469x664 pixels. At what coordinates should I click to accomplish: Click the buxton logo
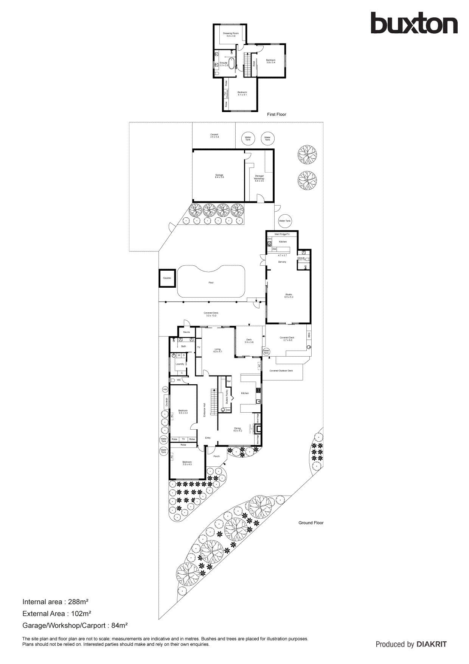[x=414, y=23]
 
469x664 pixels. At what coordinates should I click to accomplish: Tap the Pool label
[x=211, y=282]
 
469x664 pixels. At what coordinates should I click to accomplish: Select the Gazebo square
[x=167, y=278]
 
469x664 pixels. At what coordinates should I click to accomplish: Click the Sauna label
[x=186, y=332]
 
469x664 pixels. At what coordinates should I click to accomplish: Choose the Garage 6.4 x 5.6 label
[x=219, y=176]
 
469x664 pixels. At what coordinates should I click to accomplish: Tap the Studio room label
[x=289, y=296]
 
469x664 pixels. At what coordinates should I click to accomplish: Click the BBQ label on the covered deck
[x=309, y=335]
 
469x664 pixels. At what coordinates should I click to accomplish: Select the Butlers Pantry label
[x=227, y=396]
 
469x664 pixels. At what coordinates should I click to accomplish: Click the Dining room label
[x=238, y=429]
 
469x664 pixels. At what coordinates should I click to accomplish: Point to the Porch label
[x=217, y=456]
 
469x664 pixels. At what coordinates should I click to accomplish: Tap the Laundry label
[x=180, y=364]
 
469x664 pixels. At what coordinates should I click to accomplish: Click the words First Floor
[x=276, y=114]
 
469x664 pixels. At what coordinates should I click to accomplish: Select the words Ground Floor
[x=311, y=523]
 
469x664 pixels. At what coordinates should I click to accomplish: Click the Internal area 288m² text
[x=55, y=602]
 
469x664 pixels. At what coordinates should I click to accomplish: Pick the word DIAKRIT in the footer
[x=432, y=644]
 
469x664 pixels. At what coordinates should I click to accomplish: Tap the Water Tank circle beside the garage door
[x=285, y=221]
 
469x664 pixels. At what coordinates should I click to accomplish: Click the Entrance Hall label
[x=205, y=410]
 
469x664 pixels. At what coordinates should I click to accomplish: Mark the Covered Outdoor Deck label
[x=281, y=371]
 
